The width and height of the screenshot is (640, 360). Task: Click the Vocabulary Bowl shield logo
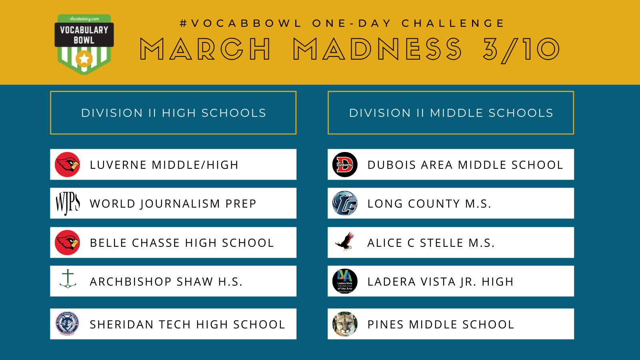(84, 44)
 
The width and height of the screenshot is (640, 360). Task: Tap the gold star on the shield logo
(84, 59)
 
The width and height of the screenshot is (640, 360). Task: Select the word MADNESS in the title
(377, 49)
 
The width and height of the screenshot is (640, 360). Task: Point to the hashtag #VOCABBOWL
(240, 23)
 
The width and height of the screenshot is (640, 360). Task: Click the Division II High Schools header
(173, 112)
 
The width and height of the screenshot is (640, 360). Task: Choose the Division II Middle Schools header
(450, 112)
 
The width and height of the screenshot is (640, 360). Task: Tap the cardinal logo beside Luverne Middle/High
(68, 164)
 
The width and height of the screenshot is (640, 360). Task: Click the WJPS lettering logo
(68, 204)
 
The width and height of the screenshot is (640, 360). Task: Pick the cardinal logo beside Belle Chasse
(68, 242)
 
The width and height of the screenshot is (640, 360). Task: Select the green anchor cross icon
(68, 278)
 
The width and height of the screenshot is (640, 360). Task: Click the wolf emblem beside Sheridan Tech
(68, 324)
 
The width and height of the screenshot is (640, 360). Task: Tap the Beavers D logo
(345, 164)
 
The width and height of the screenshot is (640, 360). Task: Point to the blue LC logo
(345, 203)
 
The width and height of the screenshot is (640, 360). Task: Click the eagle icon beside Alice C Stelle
(345, 242)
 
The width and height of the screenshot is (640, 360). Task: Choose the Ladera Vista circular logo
(345, 281)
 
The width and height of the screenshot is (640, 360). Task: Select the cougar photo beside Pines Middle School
(345, 324)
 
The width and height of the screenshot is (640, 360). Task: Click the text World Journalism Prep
(173, 204)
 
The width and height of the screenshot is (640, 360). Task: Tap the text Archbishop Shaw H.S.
(166, 282)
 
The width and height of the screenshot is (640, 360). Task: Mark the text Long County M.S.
(429, 204)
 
